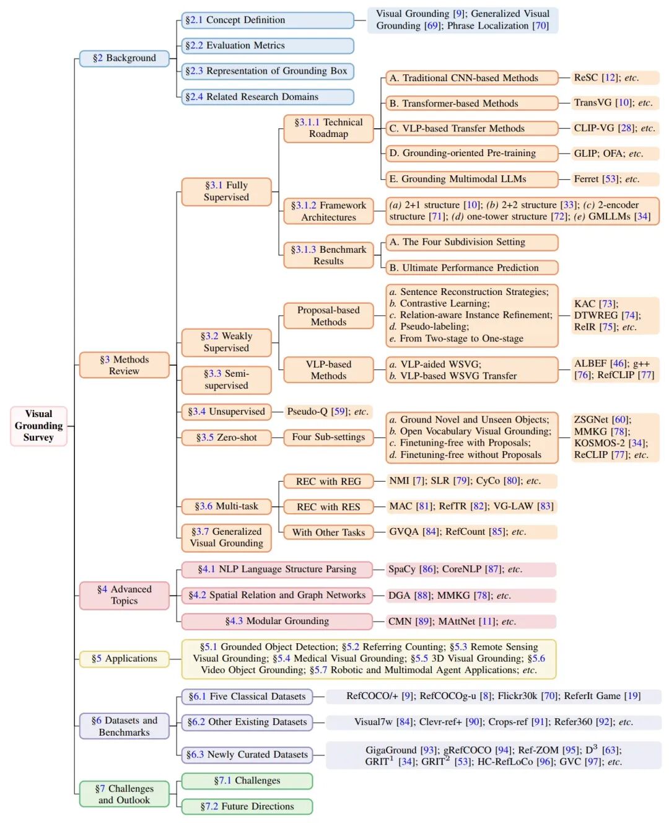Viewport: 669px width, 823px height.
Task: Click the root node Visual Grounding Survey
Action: coord(38,426)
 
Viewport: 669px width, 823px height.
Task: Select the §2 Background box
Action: coord(124,58)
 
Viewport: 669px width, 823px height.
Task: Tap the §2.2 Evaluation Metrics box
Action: coord(267,46)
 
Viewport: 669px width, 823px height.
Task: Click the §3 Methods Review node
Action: coord(124,365)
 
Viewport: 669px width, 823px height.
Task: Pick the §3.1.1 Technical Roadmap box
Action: coord(328,128)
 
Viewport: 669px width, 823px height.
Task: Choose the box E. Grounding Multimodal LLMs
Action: coord(471,179)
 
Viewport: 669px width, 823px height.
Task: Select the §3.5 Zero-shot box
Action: coord(226,438)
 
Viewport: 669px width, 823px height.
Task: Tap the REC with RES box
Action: coord(328,507)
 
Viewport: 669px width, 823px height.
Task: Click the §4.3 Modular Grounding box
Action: coord(277,621)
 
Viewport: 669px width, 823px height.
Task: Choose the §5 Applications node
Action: coord(124,659)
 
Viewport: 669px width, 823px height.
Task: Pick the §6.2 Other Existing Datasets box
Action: coord(247,722)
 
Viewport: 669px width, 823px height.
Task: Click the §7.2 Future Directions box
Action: coord(247,806)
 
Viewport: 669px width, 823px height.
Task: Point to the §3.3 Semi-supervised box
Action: coord(226,379)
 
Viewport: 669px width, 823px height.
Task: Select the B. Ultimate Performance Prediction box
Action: coord(471,268)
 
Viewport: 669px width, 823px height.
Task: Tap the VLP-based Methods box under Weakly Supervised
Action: coord(328,370)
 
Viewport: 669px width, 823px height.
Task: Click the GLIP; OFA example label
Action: coord(608,154)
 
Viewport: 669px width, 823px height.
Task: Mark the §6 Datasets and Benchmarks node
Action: coord(124,726)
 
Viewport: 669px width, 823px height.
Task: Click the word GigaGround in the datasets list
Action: coord(391,750)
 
